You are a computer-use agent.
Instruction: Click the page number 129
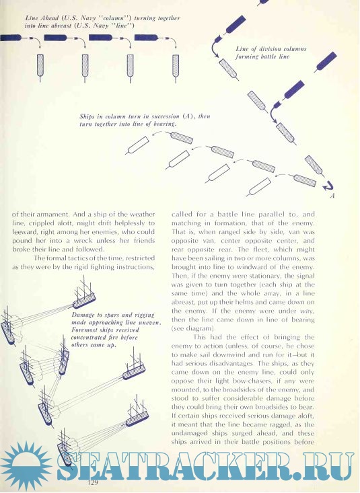point(93,483)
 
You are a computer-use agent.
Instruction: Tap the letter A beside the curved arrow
point(332,196)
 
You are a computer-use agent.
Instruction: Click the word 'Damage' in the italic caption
point(83,315)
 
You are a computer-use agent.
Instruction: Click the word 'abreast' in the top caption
point(61,26)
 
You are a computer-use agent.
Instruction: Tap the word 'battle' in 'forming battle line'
point(268,56)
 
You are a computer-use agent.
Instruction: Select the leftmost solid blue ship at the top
point(11,38)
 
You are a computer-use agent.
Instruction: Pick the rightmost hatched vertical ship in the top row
point(176,65)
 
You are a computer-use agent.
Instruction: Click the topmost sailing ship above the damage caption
point(84,295)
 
